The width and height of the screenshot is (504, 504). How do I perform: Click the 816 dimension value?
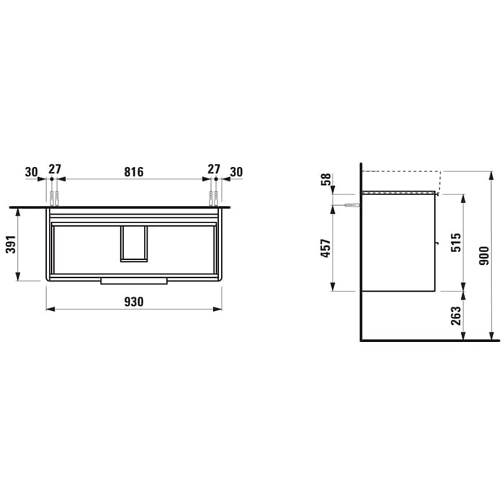click(134, 172)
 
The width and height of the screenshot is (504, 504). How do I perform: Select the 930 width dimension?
click(134, 302)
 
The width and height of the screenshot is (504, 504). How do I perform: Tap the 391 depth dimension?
click(11, 244)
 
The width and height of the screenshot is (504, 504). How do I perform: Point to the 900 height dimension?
click(484, 256)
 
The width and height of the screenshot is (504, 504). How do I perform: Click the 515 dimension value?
click(456, 243)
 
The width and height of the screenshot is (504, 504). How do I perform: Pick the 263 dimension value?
click(456, 315)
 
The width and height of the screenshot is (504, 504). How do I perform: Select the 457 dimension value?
click(325, 248)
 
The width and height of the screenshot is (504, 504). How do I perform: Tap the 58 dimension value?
click(325, 179)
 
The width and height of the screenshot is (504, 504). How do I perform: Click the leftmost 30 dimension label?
click(31, 172)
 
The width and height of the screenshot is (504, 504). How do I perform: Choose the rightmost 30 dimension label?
click(236, 172)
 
